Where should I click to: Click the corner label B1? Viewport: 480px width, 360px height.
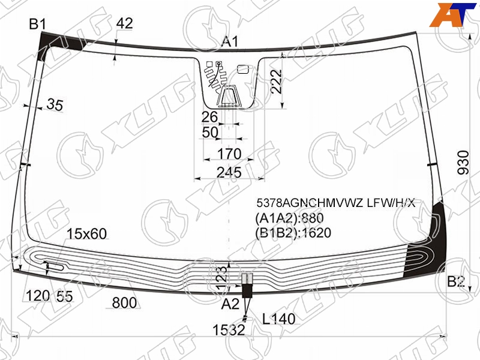pyautogui.click(x=37, y=24)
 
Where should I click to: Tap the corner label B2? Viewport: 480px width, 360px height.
pyautogui.click(x=456, y=281)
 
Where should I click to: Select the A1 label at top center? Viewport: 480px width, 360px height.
pyautogui.click(x=230, y=41)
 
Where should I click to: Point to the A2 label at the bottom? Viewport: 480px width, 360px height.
pyautogui.click(x=230, y=304)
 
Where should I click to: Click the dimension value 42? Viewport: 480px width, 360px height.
pyautogui.click(x=125, y=23)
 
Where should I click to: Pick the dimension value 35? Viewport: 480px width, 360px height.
pyautogui.click(x=55, y=104)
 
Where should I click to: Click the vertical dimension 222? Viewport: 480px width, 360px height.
pyautogui.click(x=276, y=82)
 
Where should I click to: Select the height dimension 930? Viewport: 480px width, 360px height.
pyautogui.click(x=463, y=162)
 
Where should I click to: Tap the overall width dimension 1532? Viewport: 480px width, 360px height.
pyautogui.click(x=229, y=330)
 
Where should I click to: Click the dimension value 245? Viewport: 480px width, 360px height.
pyautogui.click(x=229, y=173)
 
